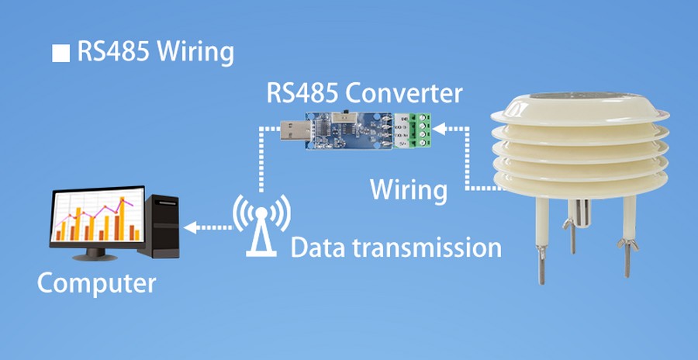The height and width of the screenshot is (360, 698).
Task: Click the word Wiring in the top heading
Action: (x=195, y=53)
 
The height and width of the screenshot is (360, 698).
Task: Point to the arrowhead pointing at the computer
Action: (x=189, y=227)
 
